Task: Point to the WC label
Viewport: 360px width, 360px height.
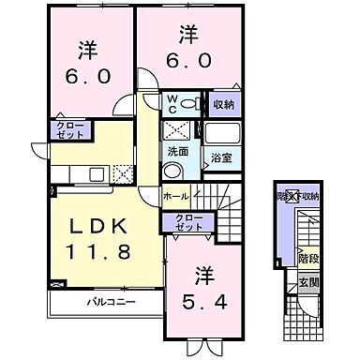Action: click(x=173, y=103)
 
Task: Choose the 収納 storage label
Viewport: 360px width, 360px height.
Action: click(x=222, y=104)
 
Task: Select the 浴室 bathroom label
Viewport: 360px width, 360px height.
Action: click(x=220, y=157)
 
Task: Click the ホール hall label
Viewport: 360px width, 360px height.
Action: click(x=175, y=196)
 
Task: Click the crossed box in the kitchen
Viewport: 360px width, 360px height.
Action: click(x=122, y=172)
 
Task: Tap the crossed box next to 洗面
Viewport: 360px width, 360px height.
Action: click(x=174, y=130)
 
